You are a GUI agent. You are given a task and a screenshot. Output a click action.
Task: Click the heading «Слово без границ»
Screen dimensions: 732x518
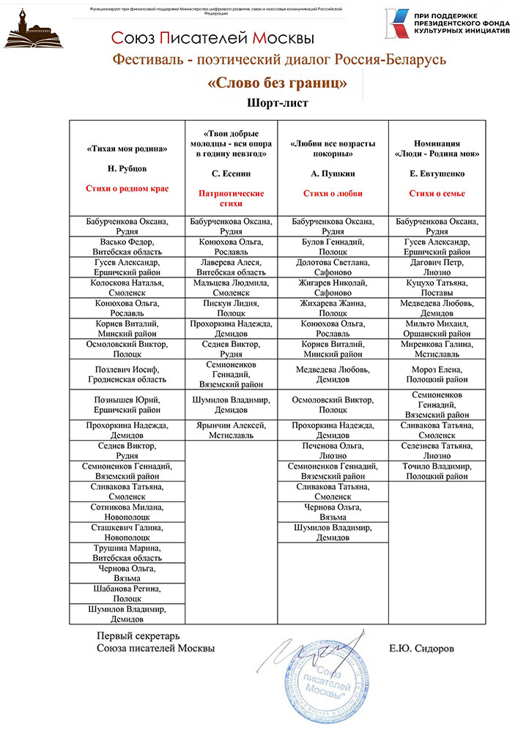[x=278, y=83]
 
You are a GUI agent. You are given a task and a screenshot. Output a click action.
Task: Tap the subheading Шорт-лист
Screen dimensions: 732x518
[x=278, y=103]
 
